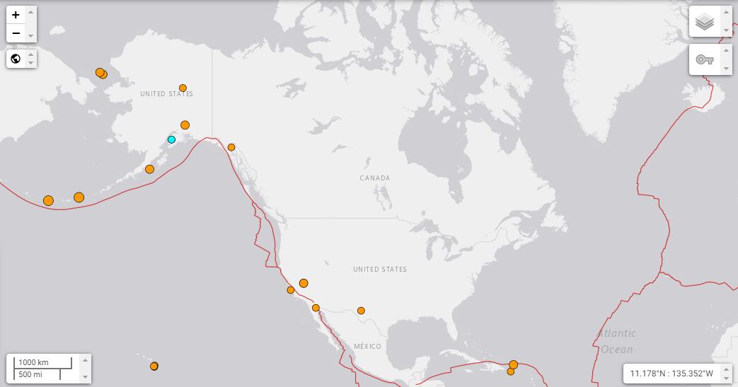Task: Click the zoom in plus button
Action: pyautogui.click(x=16, y=15)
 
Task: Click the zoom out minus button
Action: pyautogui.click(x=16, y=33)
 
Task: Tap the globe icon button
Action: pyautogui.click(x=16, y=59)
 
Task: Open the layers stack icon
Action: pyautogui.click(x=704, y=22)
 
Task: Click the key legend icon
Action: pyautogui.click(x=704, y=59)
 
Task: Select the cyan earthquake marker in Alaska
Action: pyautogui.click(x=171, y=139)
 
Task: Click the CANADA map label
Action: pyautogui.click(x=374, y=178)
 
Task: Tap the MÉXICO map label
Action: pyautogui.click(x=367, y=347)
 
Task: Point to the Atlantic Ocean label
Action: pyautogui.click(x=616, y=341)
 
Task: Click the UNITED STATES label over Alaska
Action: pyautogui.click(x=166, y=94)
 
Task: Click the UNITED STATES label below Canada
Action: pyautogui.click(x=380, y=270)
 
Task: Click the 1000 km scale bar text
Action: pyautogui.click(x=33, y=362)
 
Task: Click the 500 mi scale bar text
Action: pyautogui.click(x=30, y=374)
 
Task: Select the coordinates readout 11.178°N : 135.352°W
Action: pyautogui.click(x=670, y=373)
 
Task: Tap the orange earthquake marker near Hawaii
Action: pyautogui.click(x=154, y=366)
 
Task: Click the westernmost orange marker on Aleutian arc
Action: pyautogui.click(x=48, y=201)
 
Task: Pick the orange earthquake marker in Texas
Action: pyautogui.click(x=361, y=311)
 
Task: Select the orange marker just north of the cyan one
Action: pyautogui.click(x=185, y=125)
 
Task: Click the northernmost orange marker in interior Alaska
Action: pyautogui.click(x=183, y=88)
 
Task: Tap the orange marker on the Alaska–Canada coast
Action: pyautogui.click(x=231, y=147)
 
